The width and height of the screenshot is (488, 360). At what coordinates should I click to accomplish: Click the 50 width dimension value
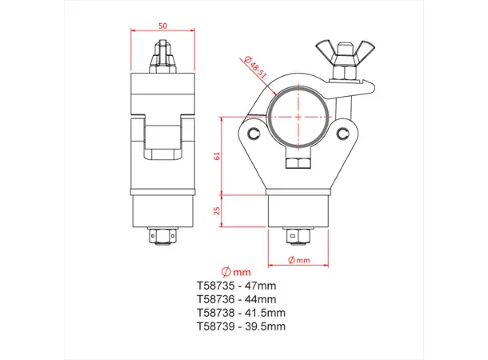(163, 26)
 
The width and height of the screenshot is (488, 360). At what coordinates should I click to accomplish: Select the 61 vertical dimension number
(216, 156)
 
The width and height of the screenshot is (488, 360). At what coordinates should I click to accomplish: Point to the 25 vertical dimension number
(216, 211)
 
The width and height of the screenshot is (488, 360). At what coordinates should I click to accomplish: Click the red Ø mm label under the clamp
(299, 260)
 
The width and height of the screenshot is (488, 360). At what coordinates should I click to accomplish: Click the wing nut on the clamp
(342, 54)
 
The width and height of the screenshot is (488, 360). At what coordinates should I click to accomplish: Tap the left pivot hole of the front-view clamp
(254, 133)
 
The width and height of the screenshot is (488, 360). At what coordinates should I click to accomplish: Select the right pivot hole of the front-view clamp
(345, 133)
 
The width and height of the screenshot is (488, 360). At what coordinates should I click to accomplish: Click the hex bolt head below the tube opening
(299, 162)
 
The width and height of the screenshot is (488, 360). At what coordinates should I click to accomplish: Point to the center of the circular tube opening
(299, 115)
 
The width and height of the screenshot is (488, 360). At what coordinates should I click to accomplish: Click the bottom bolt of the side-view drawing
(163, 237)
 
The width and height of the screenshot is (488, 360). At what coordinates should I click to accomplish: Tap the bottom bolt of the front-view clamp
(299, 237)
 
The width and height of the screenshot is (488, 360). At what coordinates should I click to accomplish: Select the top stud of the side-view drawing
(163, 55)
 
